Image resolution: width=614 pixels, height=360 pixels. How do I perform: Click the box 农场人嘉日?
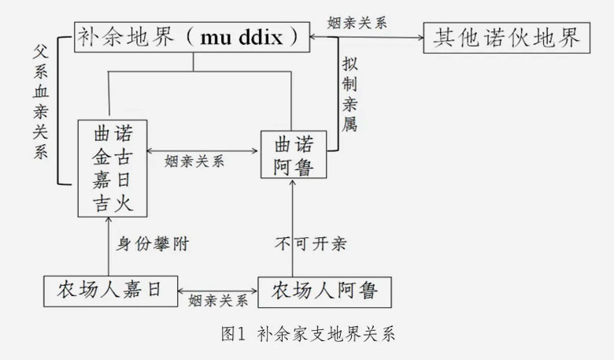point(109,290)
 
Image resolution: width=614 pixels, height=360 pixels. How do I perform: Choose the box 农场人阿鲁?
point(324,291)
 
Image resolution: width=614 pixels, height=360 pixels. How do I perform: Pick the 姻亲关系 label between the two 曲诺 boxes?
point(195,161)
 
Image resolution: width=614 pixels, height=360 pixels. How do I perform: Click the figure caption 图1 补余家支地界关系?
point(307,334)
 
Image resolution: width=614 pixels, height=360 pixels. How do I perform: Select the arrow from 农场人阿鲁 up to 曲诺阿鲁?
point(292,228)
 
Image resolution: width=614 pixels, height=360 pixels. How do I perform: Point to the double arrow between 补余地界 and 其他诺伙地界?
point(367,36)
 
